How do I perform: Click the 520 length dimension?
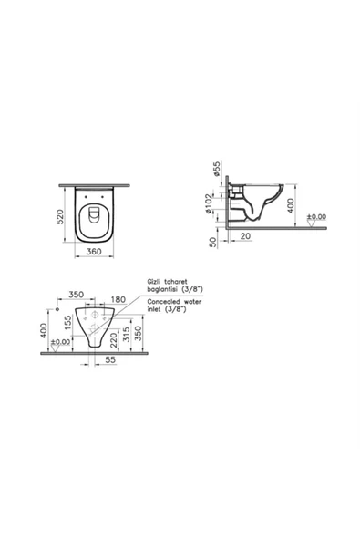click(60, 217)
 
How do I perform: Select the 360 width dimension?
click(94, 252)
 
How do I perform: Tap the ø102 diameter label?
click(209, 203)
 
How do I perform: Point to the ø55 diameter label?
click(217, 169)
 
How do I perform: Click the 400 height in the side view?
click(291, 205)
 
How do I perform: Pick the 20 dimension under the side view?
click(245, 236)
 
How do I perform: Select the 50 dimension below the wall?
click(213, 242)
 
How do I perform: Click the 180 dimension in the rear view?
click(118, 299)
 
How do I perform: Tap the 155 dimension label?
click(68, 323)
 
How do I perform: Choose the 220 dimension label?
click(113, 340)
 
